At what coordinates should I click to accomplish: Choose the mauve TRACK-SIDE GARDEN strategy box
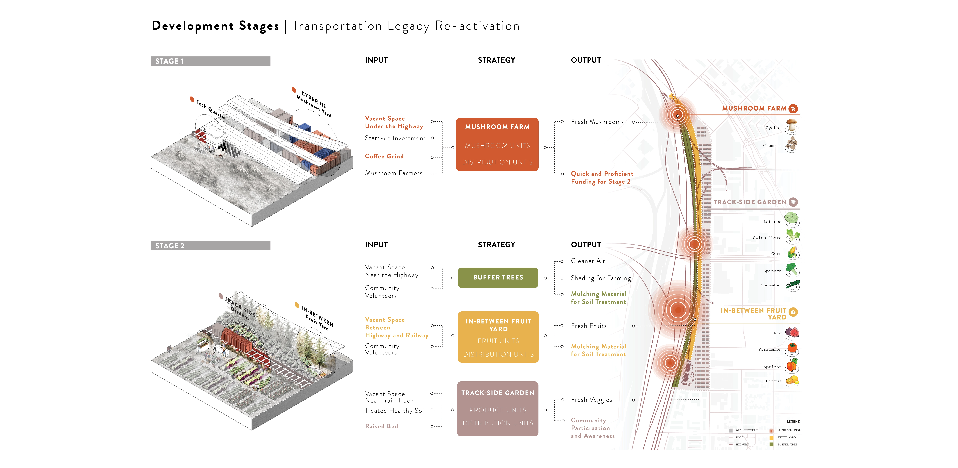(x=498, y=408)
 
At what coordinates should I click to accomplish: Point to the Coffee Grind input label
(x=384, y=156)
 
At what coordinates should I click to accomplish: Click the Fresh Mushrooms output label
(x=597, y=122)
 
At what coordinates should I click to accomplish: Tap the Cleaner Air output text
(x=588, y=261)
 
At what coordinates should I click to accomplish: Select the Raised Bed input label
(x=381, y=426)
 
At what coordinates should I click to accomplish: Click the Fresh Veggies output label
(x=591, y=400)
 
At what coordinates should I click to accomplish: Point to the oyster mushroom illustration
(x=792, y=126)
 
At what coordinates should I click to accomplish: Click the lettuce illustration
(x=792, y=219)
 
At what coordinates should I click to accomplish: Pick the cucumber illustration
(x=792, y=286)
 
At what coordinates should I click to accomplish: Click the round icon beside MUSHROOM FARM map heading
(x=793, y=108)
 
